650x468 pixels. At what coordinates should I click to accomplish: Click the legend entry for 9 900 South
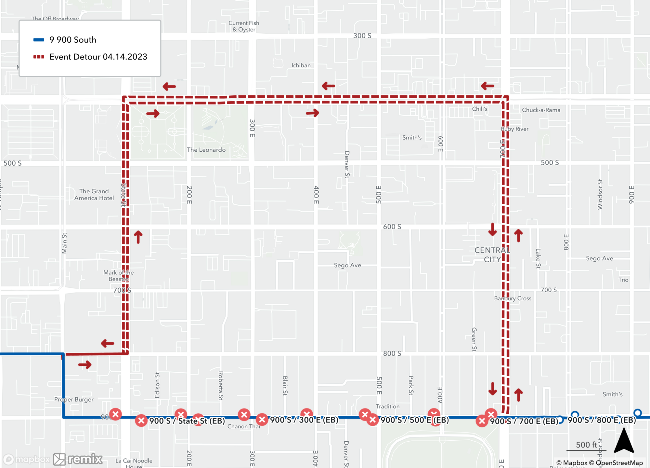[72, 40]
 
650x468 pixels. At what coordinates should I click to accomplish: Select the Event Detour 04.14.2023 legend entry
[98, 57]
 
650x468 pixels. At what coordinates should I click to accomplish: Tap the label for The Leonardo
[206, 150]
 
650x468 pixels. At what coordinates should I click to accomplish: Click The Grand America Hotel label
[94, 195]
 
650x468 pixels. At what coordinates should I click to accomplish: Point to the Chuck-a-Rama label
[541, 110]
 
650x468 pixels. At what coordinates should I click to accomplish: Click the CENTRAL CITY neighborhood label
[492, 255]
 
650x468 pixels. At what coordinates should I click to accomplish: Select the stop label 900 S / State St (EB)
[187, 421]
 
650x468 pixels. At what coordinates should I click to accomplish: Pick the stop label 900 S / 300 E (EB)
[304, 420]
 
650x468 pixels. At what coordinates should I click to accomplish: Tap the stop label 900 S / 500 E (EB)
[415, 420]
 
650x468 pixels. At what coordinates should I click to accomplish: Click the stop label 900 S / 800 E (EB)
[602, 420]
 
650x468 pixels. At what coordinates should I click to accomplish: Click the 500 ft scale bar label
[586, 445]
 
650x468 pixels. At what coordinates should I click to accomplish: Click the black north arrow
[624, 441]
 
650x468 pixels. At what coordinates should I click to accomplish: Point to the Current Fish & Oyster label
[244, 26]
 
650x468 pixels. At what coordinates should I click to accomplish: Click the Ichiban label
[301, 65]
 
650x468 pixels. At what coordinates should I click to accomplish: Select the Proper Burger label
[74, 399]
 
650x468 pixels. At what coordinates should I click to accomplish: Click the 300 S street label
[362, 36]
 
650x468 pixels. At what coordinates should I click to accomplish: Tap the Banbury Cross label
[513, 298]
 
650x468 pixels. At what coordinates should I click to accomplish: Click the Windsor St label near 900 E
[600, 194]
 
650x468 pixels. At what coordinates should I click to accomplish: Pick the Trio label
[623, 280]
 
